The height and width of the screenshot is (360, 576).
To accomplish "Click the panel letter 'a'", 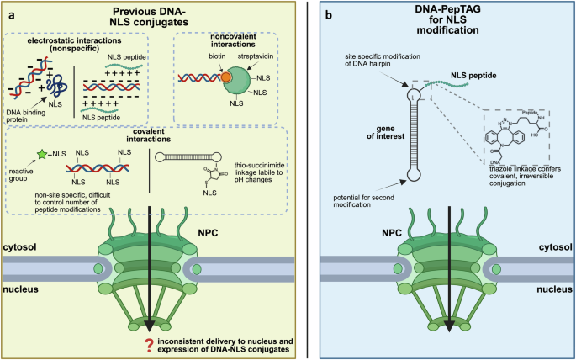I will click(x=10, y=10).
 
